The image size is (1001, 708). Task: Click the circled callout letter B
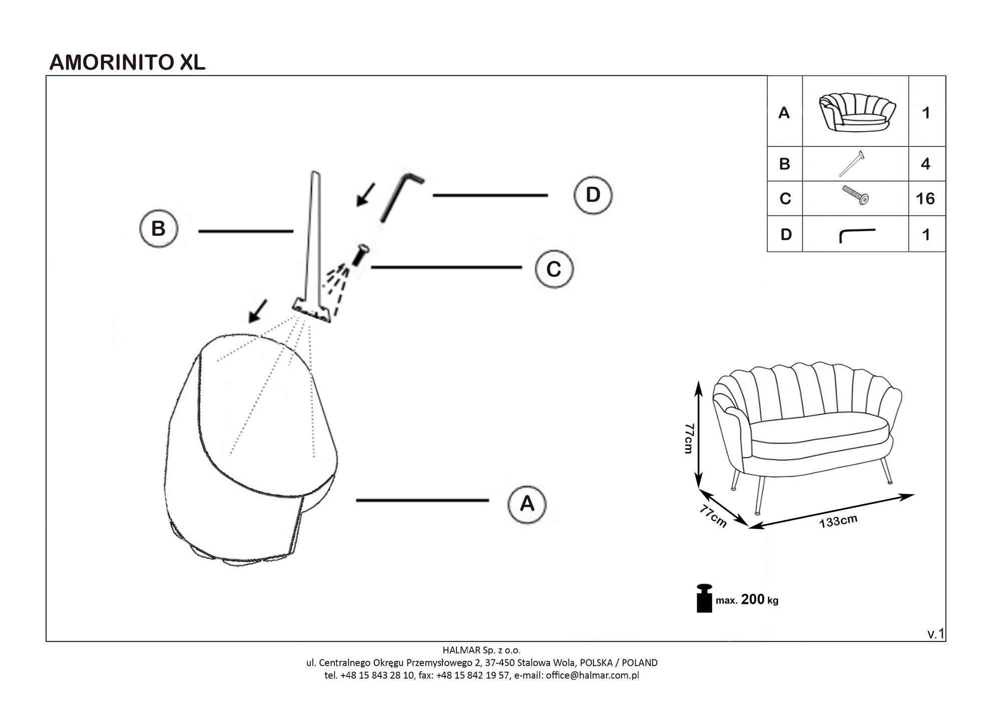(x=158, y=228)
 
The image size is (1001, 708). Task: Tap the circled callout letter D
(x=593, y=195)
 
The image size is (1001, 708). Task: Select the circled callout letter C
(x=554, y=269)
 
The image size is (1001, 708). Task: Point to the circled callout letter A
(x=527, y=503)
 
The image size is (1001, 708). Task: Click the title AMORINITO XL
(x=127, y=62)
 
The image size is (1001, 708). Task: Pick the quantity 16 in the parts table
(x=925, y=199)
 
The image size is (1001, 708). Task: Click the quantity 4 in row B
(x=925, y=164)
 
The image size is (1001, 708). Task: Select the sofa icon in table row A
(x=856, y=113)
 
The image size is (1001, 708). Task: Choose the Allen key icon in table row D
(x=856, y=234)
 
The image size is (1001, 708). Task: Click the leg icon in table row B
(x=852, y=163)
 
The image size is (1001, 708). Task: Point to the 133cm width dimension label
(x=838, y=521)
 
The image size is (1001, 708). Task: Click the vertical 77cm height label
(x=689, y=438)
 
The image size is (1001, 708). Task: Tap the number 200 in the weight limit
(x=752, y=599)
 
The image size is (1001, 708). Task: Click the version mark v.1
(x=935, y=634)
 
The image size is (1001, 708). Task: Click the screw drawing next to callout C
(x=360, y=254)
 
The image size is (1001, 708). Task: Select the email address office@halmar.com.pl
(x=592, y=675)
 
